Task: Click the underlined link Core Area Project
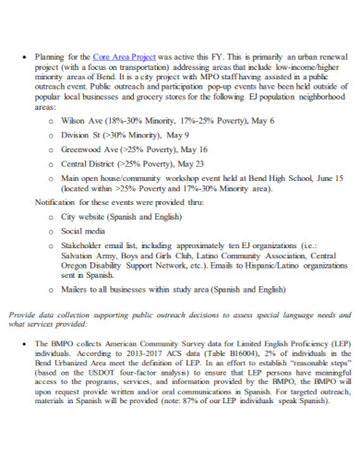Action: [124, 56]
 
